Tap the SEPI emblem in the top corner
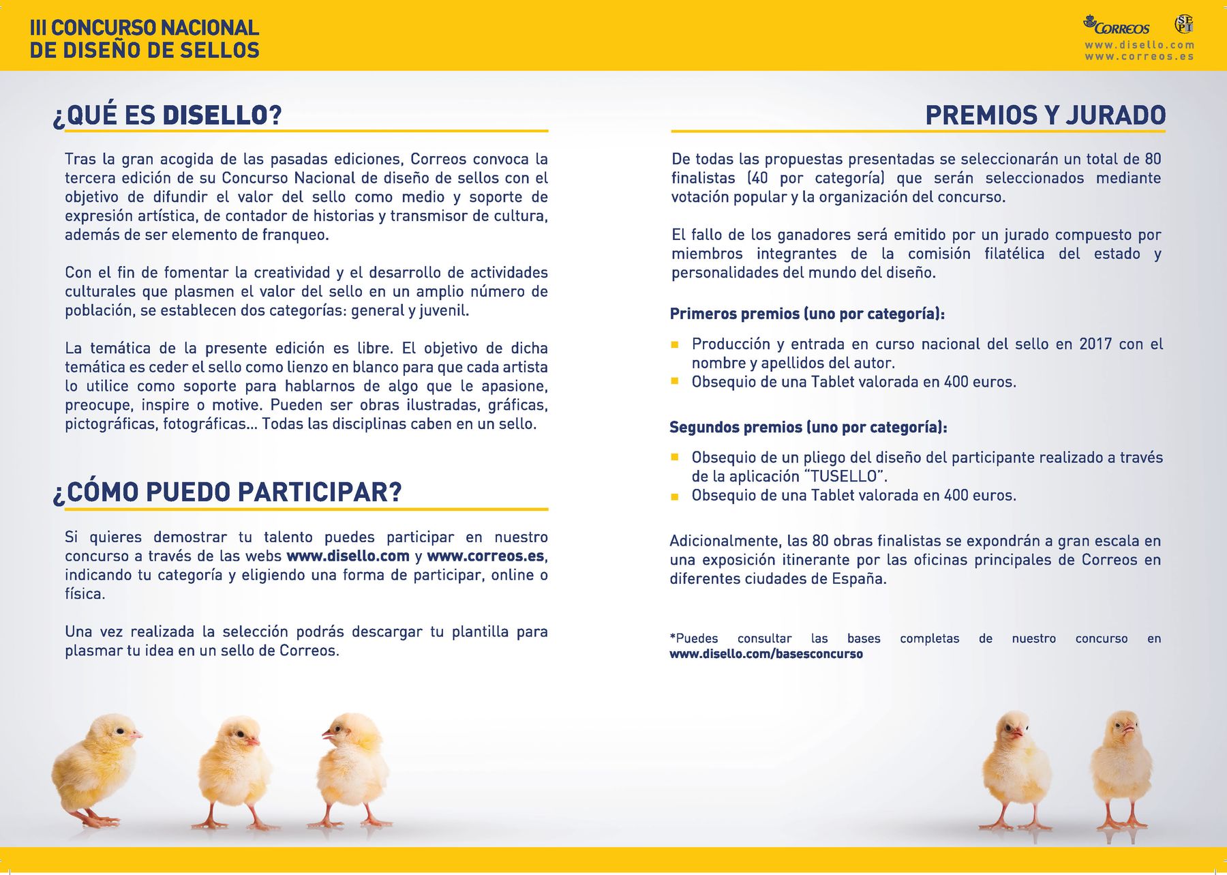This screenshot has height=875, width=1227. [x=1184, y=24]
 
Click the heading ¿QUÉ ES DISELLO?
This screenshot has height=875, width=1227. [x=167, y=115]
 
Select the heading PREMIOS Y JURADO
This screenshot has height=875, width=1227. [x=1045, y=115]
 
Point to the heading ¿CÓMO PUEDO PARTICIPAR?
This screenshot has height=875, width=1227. [x=228, y=492]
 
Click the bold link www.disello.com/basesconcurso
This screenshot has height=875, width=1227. [x=766, y=654]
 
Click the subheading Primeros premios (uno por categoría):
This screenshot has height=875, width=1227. [x=806, y=314]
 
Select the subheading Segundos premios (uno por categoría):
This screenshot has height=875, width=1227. [x=808, y=427]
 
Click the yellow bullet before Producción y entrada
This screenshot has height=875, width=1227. [x=675, y=344]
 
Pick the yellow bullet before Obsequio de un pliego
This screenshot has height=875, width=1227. [x=675, y=458]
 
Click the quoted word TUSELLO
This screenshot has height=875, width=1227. [x=844, y=476]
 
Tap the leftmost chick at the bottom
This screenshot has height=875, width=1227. [x=95, y=767]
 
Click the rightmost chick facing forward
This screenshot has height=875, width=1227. [x=1121, y=767]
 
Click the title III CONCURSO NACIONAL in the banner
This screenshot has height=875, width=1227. [x=144, y=27]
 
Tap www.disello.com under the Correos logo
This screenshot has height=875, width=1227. [x=1139, y=45]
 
